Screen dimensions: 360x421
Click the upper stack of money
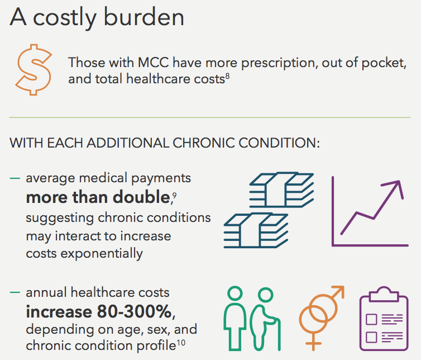point(281,191)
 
